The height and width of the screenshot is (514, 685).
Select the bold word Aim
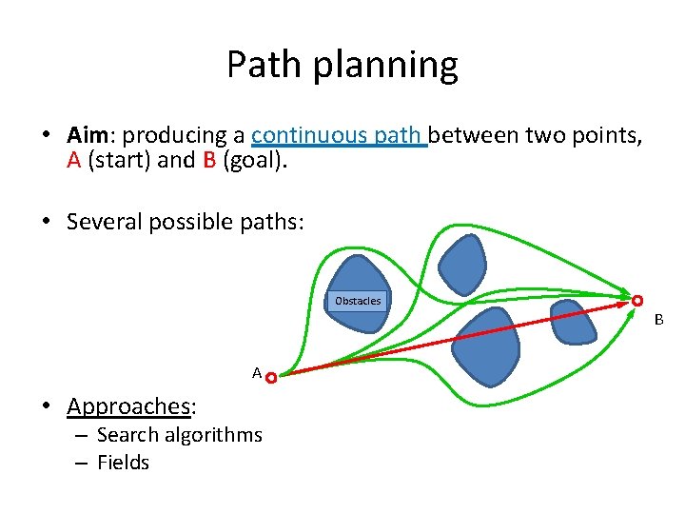click(90, 136)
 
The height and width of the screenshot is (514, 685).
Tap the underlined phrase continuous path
click(339, 136)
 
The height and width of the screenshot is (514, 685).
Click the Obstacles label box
click(358, 301)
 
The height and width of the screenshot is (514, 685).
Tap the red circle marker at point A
click(271, 378)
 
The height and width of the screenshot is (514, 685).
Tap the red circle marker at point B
click(637, 301)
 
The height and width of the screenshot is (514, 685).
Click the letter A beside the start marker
click(257, 373)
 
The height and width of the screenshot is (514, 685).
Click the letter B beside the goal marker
click(657, 320)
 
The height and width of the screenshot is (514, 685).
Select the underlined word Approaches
click(128, 406)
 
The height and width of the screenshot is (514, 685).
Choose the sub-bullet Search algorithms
click(179, 435)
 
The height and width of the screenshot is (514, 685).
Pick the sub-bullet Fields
click(124, 463)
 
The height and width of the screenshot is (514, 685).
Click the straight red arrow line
click(457, 339)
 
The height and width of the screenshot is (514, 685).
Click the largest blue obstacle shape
click(485, 346)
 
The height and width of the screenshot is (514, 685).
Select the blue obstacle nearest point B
click(574, 323)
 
